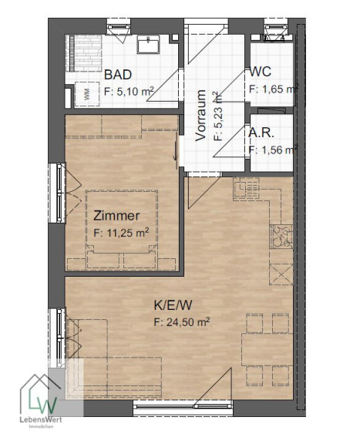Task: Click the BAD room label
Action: pos(118,75)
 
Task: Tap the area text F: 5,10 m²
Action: pos(129,91)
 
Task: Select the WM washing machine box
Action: pos(86,94)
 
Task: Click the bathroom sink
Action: pos(148,44)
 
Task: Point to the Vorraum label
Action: pos(200,116)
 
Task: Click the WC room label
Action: pos(260,72)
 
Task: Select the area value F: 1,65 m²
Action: pos(273,89)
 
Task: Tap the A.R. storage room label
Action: pos(261,133)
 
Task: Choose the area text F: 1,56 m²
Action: pos(273,150)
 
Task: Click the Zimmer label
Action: pos(116,216)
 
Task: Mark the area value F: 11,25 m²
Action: pos(121,233)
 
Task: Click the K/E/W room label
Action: pos(173,305)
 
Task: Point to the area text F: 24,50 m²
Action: pos(182,322)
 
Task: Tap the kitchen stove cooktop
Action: pos(281,237)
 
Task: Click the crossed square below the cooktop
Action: pos(281,274)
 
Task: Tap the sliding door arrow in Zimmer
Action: pos(176,150)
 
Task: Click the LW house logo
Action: pos(40,395)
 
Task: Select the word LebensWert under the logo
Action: pos(41,420)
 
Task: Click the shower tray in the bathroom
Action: pos(84,53)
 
